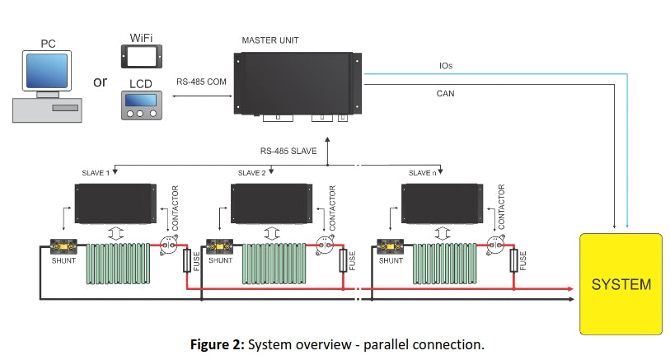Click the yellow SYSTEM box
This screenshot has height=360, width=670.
(621, 284)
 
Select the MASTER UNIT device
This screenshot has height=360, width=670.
(298, 82)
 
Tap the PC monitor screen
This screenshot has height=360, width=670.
(47, 71)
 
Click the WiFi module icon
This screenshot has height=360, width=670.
(140, 55)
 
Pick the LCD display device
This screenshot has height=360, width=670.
(140, 105)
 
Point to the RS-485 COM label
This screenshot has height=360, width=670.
(200, 82)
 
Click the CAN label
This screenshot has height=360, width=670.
(445, 93)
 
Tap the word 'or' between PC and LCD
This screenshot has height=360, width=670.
(100, 82)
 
